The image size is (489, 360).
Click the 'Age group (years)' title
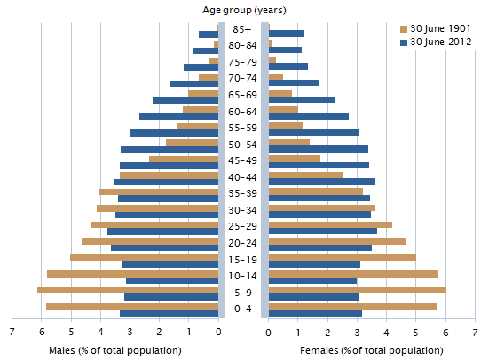coord(243,10)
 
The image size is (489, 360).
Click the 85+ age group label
coord(243,29)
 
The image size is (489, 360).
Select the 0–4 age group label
coord(243,309)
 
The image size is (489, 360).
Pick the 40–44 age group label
coord(243,177)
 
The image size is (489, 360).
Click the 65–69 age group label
coord(243,95)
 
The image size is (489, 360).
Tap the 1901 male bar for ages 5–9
coord(128,290)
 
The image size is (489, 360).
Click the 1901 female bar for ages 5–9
coord(357,290)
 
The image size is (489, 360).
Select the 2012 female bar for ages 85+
coord(286,34)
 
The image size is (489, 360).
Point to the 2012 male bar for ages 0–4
coord(170,313)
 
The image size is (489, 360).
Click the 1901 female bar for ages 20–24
coord(337,240)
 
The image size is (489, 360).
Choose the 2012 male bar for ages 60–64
coord(178,116)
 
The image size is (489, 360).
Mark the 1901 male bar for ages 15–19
coord(144,257)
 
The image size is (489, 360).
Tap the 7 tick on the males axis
coord(12,332)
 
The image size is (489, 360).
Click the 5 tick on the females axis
coord(416,332)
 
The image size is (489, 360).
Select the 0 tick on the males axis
coord(219,332)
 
